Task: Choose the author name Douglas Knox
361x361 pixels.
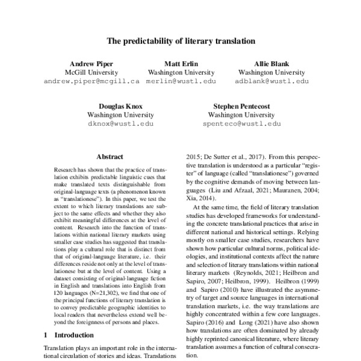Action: coord(120,105)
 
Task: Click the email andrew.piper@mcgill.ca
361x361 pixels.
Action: coord(91,80)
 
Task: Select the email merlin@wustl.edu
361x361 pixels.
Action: coord(181,80)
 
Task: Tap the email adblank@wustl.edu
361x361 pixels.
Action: coord(271,80)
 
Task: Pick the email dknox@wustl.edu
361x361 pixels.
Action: coord(120,123)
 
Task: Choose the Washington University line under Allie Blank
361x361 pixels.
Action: coord(271,72)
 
